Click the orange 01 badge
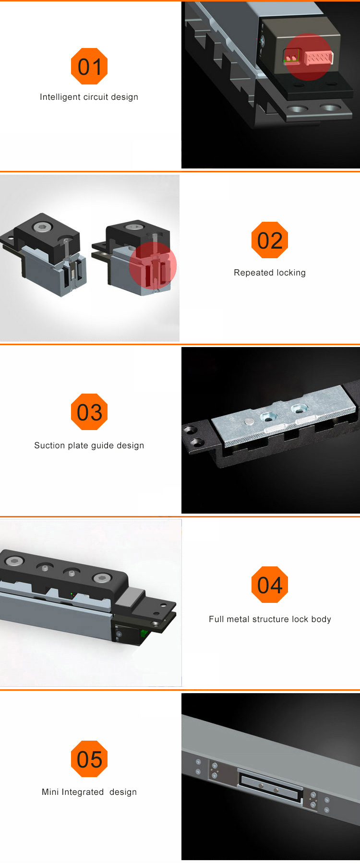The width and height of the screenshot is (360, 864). [x=89, y=66]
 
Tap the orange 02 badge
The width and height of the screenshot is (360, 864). [x=270, y=240]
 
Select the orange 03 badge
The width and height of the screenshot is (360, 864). [x=89, y=412]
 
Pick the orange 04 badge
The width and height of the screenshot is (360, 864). [x=270, y=585]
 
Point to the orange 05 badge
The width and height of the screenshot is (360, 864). [x=89, y=759]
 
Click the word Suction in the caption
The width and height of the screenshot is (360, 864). [x=49, y=445]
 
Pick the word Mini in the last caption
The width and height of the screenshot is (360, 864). [x=50, y=792]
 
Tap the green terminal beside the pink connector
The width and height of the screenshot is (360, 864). [x=291, y=57]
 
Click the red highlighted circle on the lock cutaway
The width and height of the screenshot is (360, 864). [x=153, y=265]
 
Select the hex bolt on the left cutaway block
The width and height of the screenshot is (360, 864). [x=39, y=227]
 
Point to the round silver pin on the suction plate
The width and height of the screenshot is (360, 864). [x=249, y=421]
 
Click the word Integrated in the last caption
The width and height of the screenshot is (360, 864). [x=82, y=792]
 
